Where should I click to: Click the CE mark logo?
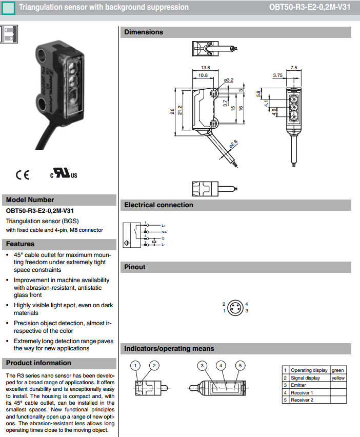click(23, 175)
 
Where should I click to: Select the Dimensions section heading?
click(144, 32)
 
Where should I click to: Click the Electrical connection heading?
click(158, 205)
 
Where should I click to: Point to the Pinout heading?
click(135, 267)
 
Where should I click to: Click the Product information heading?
click(38, 363)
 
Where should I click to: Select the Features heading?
click(21, 244)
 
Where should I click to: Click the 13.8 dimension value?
click(205, 67)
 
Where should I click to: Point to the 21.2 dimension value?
click(179, 110)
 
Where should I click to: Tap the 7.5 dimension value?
click(293, 67)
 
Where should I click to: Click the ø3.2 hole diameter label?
click(229, 80)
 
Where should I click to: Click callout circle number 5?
click(239, 366)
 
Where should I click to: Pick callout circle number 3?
click(203, 366)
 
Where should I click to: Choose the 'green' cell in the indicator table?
click(338, 370)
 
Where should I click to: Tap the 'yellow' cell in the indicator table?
click(338, 378)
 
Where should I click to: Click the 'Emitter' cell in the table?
click(298, 385)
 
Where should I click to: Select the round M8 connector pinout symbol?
click(235, 307)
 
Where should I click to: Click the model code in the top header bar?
click(309, 7)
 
